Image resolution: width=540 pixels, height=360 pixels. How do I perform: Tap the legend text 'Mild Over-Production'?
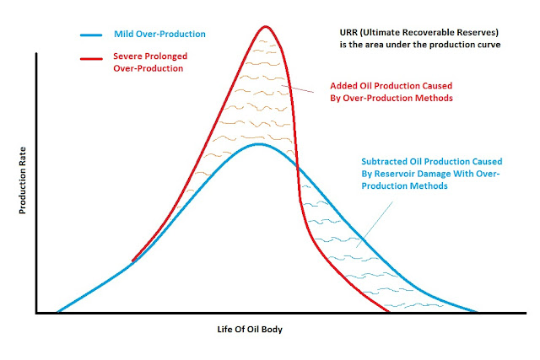(x=159, y=35)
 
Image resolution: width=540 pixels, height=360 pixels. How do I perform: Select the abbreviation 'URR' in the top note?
(x=341, y=34)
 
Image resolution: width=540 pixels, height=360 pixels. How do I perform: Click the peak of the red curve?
(x=262, y=27)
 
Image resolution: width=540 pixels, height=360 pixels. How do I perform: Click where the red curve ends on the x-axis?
(x=388, y=312)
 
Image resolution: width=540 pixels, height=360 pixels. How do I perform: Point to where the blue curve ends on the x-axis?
(x=477, y=312)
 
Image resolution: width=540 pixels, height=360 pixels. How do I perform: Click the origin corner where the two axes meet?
(x=37, y=313)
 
